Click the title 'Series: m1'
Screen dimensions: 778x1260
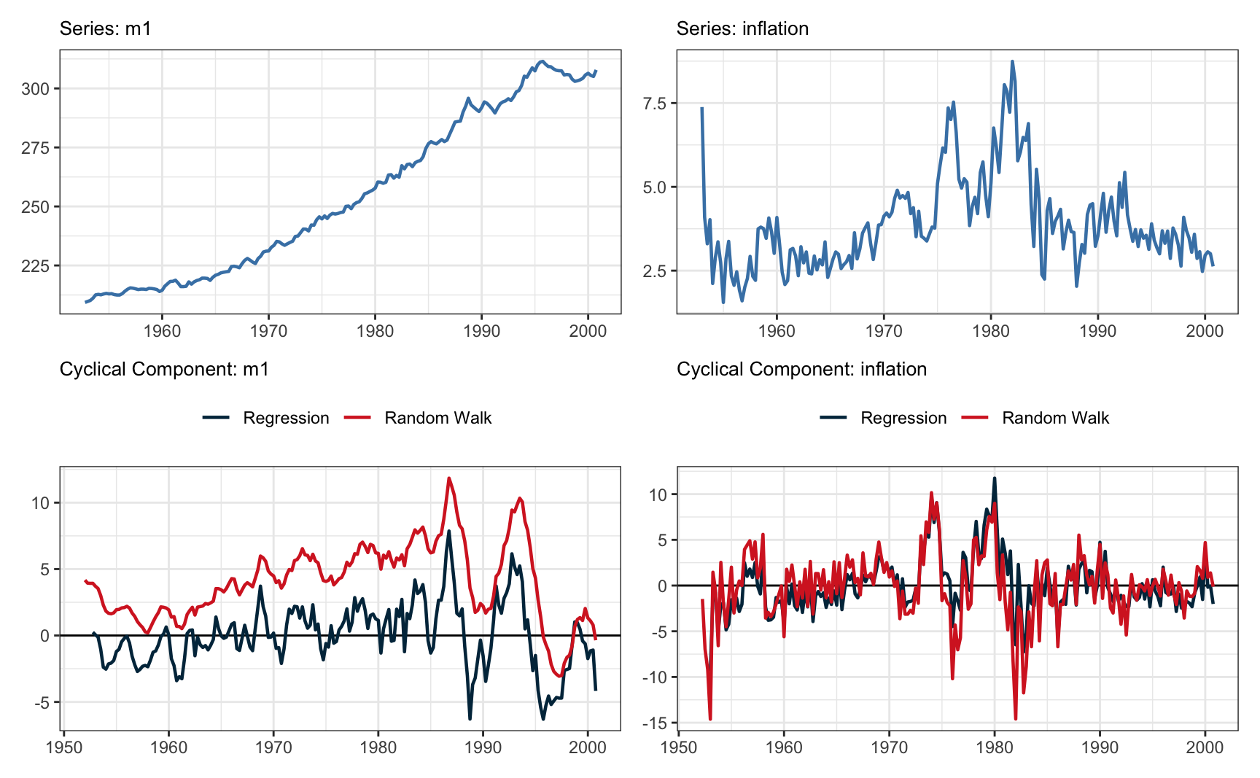pyautogui.click(x=105, y=28)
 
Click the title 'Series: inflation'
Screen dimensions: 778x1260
pyautogui.click(x=742, y=28)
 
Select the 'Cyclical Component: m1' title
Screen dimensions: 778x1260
pyautogui.click(x=164, y=369)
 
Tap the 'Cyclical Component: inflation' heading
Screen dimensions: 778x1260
pyautogui.click(x=801, y=369)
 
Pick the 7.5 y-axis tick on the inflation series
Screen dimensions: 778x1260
pyautogui.click(x=654, y=104)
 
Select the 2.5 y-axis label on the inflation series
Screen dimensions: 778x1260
pyautogui.click(x=654, y=271)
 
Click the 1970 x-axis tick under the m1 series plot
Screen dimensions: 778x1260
pyautogui.click(x=268, y=331)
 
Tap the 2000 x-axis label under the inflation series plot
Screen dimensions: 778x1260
pyautogui.click(x=1204, y=331)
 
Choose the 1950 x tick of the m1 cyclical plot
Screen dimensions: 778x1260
pyautogui.click(x=64, y=747)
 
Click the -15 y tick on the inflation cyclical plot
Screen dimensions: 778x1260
pyautogui.click(x=653, y=723)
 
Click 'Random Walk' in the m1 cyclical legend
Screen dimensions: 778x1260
pyautogui.click(x=437, y=418)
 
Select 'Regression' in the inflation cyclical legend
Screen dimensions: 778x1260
pyautogui.click(x=903, y=418)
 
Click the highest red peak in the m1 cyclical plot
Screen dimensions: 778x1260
pyautogui.click(x=449, y=478)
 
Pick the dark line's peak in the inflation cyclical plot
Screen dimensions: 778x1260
pyautogui.click(x=995, y=479)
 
